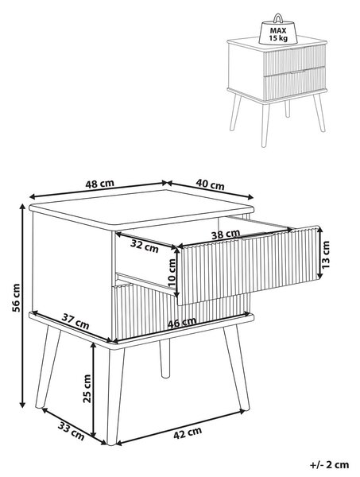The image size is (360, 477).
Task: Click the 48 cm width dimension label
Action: pos(99,184)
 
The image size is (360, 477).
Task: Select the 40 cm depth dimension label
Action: pos(210,184)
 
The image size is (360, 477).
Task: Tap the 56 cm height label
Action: pos(16,298)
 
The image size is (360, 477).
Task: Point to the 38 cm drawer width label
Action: pos(226,235)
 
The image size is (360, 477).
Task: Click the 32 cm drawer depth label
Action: pos(145,246)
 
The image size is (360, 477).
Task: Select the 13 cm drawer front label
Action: pos(325,254)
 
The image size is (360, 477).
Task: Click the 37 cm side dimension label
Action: pos(75,321)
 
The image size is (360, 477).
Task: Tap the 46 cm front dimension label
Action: pos(182,323)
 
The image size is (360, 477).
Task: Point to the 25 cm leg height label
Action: pos(87,389)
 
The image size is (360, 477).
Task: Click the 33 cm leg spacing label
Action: pos(72,431)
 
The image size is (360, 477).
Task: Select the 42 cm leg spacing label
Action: pos(188,433)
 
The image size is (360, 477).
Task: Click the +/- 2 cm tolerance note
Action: pos(329,465)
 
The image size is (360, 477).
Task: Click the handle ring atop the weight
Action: pos(278,18)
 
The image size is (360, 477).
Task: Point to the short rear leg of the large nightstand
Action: pos(165,359)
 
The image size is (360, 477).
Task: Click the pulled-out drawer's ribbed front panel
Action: pos(249,266)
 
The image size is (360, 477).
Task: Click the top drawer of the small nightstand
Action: pos(294,60)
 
